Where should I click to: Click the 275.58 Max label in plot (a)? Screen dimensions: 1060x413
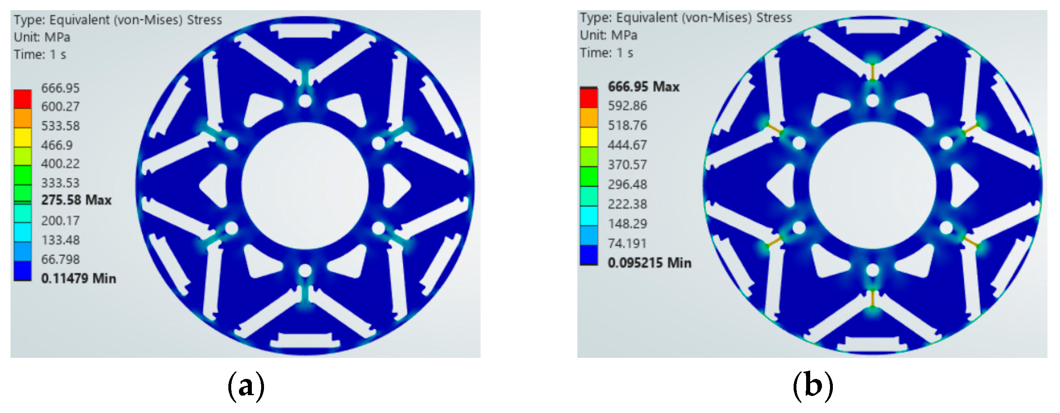coord(76,200)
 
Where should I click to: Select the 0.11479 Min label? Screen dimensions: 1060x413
coord(79,278)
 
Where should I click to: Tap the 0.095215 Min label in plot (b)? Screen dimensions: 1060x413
coord(649,263)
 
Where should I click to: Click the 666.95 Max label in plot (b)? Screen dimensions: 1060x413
coord(644,86)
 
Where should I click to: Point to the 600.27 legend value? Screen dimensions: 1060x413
coord(60,107)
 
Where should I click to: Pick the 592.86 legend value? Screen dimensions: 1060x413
coord(628,106)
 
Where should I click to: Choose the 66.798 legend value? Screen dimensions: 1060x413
coord(60,259)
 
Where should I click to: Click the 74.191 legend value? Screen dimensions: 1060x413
coord(628,243)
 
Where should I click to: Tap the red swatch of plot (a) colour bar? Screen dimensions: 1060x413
coord(23,99)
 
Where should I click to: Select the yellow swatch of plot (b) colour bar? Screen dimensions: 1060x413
coord(589,137)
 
